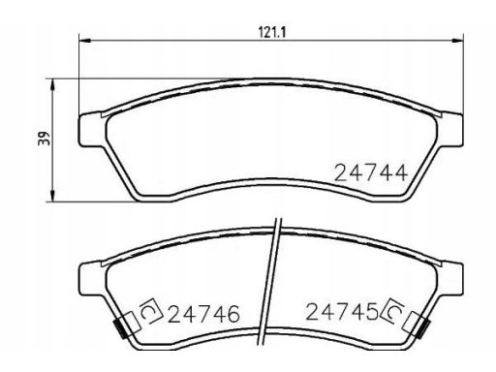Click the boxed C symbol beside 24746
150,312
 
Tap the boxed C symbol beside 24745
395,311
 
